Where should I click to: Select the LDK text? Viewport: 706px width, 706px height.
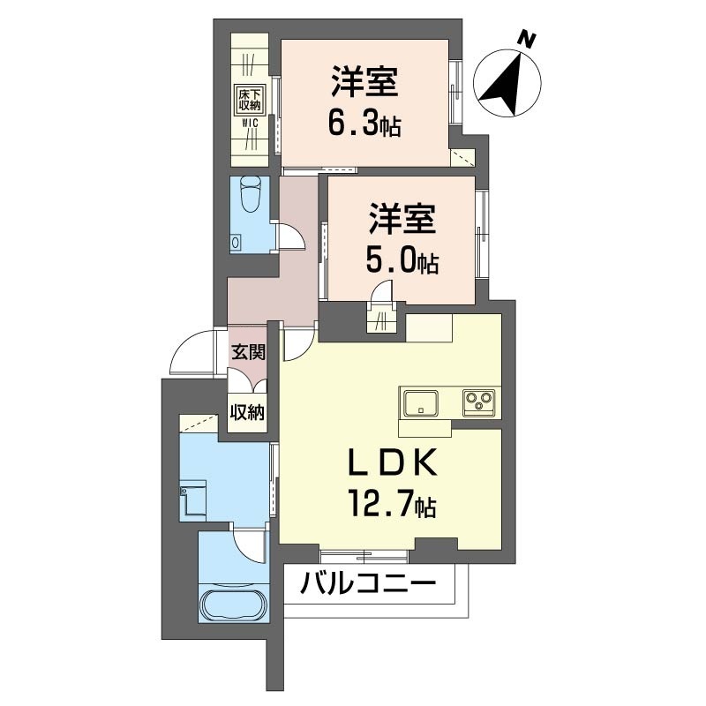pos(394,462)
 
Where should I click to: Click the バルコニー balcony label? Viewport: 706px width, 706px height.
pos(368,583)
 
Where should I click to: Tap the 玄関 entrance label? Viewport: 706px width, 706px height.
pos(248,351)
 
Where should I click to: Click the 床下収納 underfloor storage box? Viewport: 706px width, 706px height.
pos(250,100)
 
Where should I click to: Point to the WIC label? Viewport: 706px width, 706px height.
pos(250,122)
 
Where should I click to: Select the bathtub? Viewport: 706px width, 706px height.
pos(233,605)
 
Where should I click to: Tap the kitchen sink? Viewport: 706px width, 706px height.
pos(421,402)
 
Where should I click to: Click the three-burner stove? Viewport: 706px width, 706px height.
pos(478,402)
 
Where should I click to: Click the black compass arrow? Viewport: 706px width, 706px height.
pos(504,84)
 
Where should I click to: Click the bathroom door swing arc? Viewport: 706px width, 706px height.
pos(248,545)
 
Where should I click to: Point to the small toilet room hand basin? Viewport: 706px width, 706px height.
pos(235,242)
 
